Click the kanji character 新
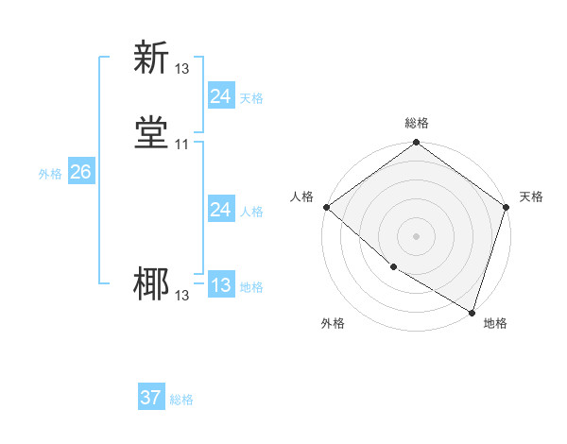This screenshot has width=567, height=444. pyautogui.click(x=151, y=58)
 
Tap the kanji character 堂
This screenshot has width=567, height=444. pyautogui.click(x=151, y=133)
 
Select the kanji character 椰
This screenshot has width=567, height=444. pyautogui.click(x=151, y=284)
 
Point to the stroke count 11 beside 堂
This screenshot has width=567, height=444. pyautogui.click(x=181, y=145)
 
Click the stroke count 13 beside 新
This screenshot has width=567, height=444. pyautogui.click(x=181, y=69)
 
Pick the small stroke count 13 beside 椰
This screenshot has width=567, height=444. pyautogui.click(x=181, y=296)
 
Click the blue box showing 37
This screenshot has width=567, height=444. pyautogui.click(x=151, y=398)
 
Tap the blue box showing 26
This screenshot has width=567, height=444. pyautogui.click(x=80, y=172)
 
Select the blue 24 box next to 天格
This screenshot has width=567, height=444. pyautogui.click(x=220, y=96)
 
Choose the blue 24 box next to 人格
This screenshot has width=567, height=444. pyautogui.click(x=220, y=210)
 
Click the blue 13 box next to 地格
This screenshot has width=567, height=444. pyautogui.click(x=220, y=285)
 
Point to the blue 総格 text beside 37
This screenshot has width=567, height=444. pyautogui.click(x=181, y=400)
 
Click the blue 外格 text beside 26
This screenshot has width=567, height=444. pyautogui.click(x=50, y=174)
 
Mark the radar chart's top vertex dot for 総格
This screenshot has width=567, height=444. pyautogui.click(x=416, y=144)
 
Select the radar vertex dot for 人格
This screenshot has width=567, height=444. pyautogui.click(x=326, y=207)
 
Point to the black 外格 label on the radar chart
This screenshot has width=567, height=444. pyautogui.click(x=333, y=323)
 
